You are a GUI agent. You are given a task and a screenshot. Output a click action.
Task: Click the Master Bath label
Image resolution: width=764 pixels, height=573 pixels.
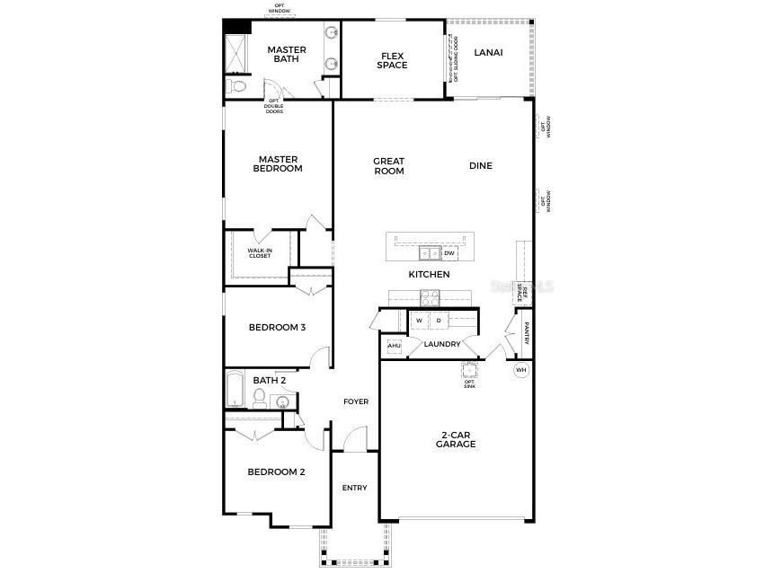(287, 55)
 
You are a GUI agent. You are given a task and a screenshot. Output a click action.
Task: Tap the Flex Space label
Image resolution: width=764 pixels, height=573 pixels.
(392, 59)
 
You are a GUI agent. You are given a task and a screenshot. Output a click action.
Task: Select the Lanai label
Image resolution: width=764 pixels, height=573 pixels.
(488, 52)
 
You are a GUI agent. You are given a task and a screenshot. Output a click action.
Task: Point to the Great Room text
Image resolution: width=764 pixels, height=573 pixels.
(389, 166)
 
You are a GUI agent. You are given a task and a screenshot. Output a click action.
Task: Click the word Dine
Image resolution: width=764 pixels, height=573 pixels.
(481, 165)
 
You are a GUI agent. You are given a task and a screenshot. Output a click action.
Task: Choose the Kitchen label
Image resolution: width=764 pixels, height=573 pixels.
(429, 274)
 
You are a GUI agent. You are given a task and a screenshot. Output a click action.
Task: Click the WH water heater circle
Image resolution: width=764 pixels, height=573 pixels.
(521, 370)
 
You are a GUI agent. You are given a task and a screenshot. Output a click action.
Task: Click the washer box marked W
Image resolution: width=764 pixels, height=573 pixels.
(419, 320)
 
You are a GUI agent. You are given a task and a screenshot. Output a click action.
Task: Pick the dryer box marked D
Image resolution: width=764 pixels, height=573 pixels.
(439, 320)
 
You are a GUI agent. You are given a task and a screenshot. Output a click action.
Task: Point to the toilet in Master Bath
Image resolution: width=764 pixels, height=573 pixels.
(235, 86)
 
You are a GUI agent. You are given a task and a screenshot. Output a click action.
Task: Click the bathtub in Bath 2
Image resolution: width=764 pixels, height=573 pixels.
(233, 391)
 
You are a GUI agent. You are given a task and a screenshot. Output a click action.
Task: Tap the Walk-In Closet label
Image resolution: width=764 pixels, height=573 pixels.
(260, 253)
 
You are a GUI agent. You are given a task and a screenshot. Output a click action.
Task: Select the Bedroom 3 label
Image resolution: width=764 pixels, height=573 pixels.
(277, 327)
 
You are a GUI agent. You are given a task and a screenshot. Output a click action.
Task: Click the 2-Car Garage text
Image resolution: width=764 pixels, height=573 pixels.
(456, 439)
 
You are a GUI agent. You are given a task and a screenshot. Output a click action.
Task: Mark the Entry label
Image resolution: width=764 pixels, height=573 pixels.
(354, 488)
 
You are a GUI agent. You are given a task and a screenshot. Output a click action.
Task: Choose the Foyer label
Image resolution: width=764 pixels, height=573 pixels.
(356, 401)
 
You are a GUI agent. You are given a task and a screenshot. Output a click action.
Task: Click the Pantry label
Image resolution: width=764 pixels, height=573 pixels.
(527, 333)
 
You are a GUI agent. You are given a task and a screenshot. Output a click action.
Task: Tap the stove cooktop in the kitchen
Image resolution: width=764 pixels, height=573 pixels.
(429, 297)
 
